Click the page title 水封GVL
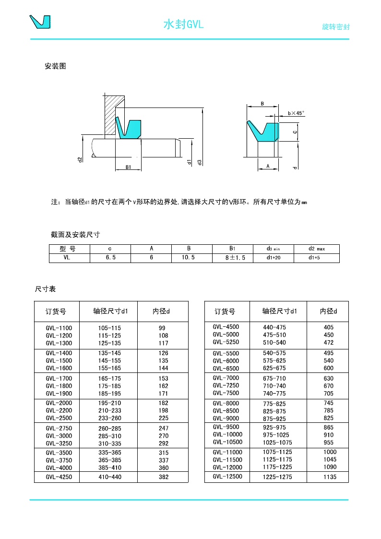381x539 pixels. (184, 24)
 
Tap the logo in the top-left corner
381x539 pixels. (40, 22)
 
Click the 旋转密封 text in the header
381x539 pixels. (335, 27)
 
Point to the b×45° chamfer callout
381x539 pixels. (296, 113)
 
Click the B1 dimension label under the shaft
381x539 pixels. (128, 167)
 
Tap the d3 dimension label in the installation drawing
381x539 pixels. (200, 162)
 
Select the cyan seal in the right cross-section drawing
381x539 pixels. (266, 132)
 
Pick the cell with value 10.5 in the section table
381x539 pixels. (191, 258)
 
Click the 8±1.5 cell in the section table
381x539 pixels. (232, 258)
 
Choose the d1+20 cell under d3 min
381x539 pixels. (273, 258)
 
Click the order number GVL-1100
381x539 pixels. (59, 328)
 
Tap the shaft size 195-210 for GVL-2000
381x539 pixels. (109, 403)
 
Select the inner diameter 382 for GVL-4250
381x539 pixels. (164, 478)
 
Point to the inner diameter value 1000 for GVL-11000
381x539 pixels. (330, 452)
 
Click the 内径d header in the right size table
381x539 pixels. (328, 311)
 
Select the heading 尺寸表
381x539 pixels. (46, 289)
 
